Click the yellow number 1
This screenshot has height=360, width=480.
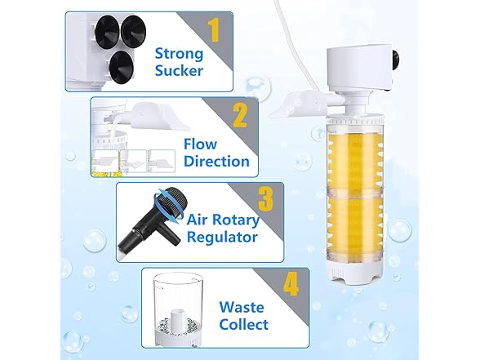pyautogui.click(x=214, y=30)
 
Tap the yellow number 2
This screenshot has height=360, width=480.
pyautogui.click(x=240, y=115)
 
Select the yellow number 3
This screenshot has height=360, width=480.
pyautogui.click(x=266, y=199)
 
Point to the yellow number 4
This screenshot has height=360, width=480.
pyautogui.click(x=291, y=285)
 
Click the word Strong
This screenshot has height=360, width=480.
pyautogui.click(x=179, y=54)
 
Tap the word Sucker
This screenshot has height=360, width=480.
pyautogui.click(x=179, y=70)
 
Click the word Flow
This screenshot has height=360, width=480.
pyautogui.click(x=201, y=144)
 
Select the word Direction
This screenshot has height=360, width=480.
pyautogui.click(x=217, y=162)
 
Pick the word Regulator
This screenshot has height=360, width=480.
pyautogui.click(x=222, y=237)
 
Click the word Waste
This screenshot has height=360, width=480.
pyautogui.click(x=242, y=307)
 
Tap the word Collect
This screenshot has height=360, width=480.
pyautogui.click(x=243, y=325)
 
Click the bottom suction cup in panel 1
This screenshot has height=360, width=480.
pyautogui.click(x=122, y=66)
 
